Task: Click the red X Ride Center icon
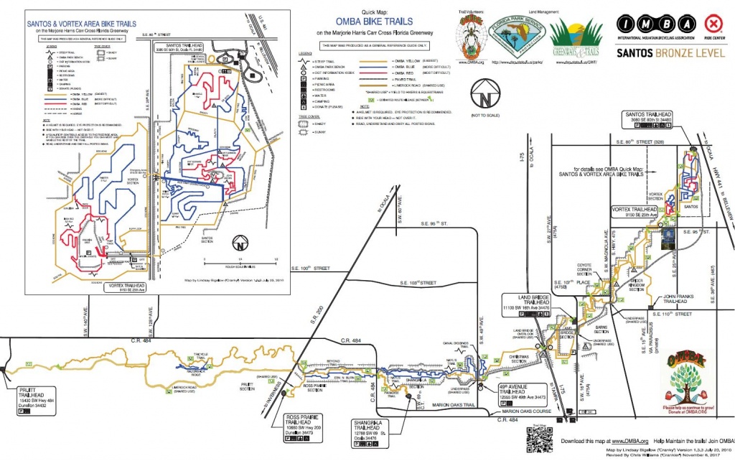(x=713, y=21)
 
